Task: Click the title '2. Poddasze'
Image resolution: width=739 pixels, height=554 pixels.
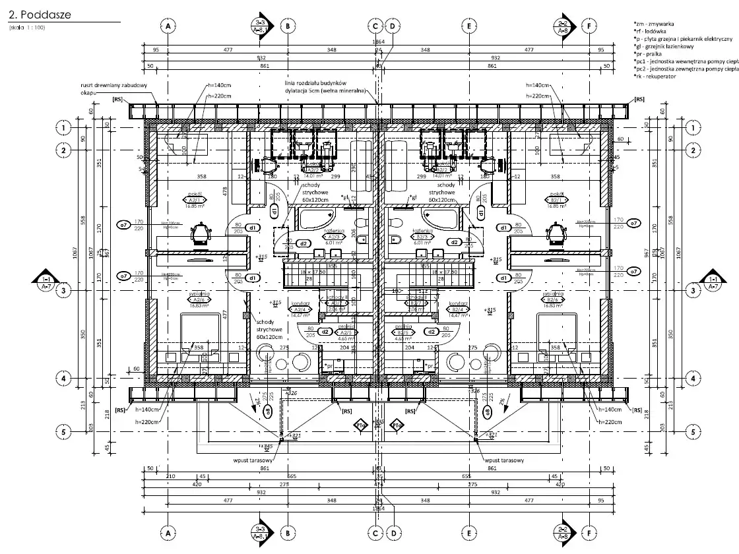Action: [x=40, y=13]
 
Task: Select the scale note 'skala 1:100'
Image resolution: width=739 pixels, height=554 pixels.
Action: [x=27, y=28]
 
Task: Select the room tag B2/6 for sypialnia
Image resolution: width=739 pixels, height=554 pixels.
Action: [x=554, y=300]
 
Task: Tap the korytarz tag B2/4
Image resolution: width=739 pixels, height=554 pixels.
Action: [x=455, y=309]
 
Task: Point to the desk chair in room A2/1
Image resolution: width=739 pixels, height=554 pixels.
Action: [x=201, y=233]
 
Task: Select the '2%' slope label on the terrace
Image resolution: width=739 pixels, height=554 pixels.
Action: [x=503, y=400]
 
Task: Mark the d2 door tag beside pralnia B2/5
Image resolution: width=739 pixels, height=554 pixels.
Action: [x=431, y=332]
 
